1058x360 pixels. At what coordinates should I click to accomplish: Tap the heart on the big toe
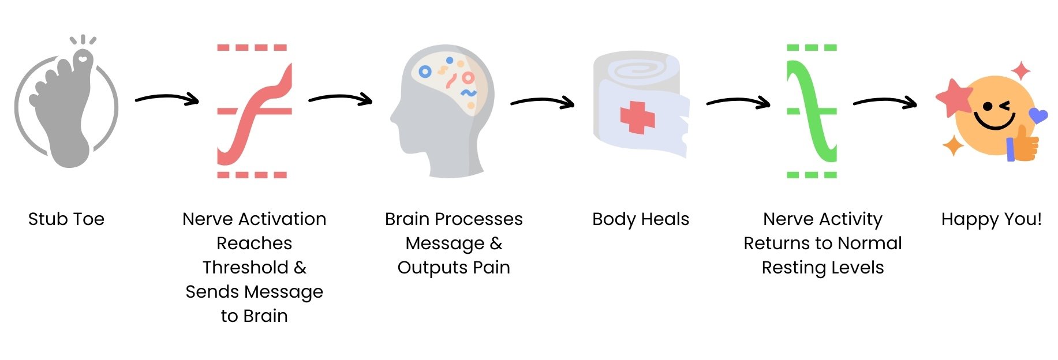(x=83, y=58)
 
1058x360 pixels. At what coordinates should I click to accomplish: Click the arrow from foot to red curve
(x=167, y=99)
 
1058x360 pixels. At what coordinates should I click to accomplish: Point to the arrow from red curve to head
(x=341, y=99)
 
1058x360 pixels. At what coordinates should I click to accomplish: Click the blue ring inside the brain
(x=425, y=72)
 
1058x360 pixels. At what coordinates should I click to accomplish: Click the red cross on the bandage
(x=637, y=118)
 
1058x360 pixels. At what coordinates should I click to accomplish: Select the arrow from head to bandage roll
(x=542, y=102)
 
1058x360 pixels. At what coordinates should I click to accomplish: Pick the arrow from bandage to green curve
(x=738, y=102)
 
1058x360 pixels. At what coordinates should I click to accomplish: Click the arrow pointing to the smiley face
(x=885, y=102)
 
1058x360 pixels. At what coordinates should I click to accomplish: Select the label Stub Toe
(x=66, y=219)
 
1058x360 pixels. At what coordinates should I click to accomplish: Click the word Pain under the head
(x=491, y=268)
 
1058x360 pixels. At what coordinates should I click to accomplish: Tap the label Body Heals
(x=641, y=219)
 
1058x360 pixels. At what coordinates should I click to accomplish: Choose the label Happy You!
(x=991, y=219)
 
